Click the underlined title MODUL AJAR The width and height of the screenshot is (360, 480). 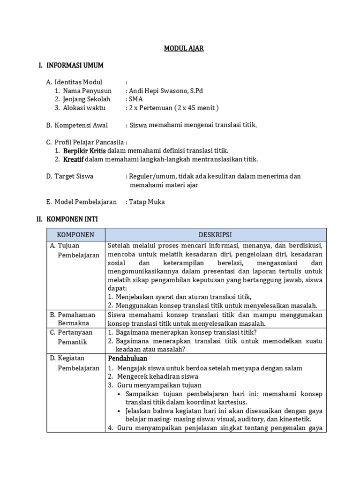[x=183, y=48]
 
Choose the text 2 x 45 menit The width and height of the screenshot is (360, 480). [x=196, y=107]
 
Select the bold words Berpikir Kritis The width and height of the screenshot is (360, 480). [x=85, y=150]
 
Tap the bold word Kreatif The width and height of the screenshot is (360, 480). [x=74, y=159]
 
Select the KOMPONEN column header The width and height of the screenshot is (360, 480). [x=75, y=234]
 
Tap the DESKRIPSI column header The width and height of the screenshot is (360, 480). [x=215, y=234]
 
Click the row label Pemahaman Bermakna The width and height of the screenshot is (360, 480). [x=75, y=319]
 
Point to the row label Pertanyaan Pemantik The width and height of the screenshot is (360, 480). [x=75, y=336]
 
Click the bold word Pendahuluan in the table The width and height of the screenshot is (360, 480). [x=127, y=358]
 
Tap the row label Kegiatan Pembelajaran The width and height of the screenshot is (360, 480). [x=75, y=363]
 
